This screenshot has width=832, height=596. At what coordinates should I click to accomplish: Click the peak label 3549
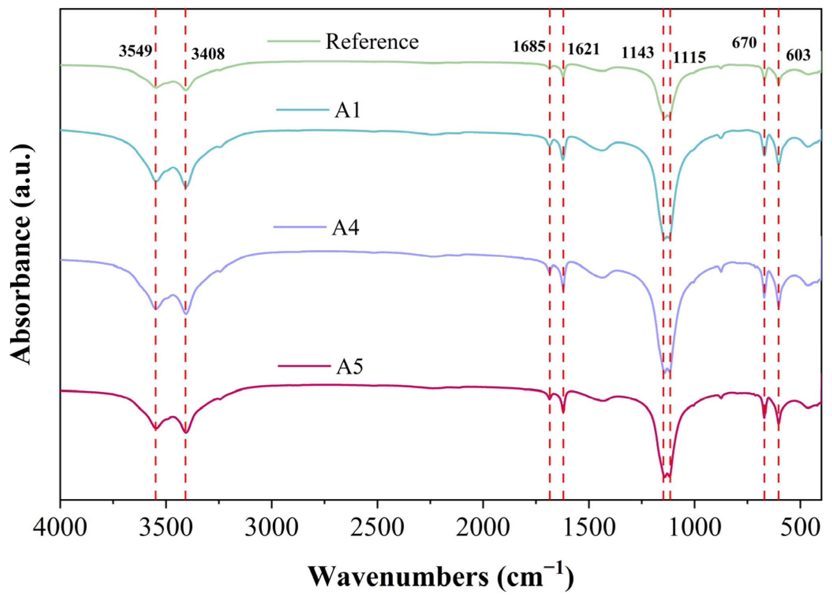coord(135,51)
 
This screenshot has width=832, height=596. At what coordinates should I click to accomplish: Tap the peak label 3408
coord(208,54)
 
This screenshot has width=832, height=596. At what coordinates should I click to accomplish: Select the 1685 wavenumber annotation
coord(529,46)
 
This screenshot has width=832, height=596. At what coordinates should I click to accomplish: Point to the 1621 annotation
coord(583,49)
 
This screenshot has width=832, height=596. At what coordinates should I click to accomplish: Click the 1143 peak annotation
coord(638,52)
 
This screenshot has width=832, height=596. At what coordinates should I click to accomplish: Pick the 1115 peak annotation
coord(689,58)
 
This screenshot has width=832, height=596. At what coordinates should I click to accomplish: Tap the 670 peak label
coord(744,43)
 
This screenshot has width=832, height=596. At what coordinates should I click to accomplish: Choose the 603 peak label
coord(798,55)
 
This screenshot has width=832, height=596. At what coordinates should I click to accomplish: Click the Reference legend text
coord(372,41)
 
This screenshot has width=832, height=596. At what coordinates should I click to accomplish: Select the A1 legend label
coord(347,110)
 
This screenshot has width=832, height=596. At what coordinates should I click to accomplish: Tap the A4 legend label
coord(345,227)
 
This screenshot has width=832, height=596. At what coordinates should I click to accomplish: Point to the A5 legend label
coord(349,366)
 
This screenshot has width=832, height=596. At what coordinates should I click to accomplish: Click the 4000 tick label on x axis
coord(60,527)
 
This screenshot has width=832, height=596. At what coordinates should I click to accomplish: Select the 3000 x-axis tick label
coord(271,527)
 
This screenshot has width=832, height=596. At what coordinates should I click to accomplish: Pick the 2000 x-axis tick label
coord(483,527)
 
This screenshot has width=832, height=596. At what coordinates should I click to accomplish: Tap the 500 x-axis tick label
coord(800,527)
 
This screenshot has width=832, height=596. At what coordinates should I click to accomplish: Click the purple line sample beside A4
coord(300,227)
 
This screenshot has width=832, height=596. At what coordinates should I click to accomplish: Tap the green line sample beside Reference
coord(293,41)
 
